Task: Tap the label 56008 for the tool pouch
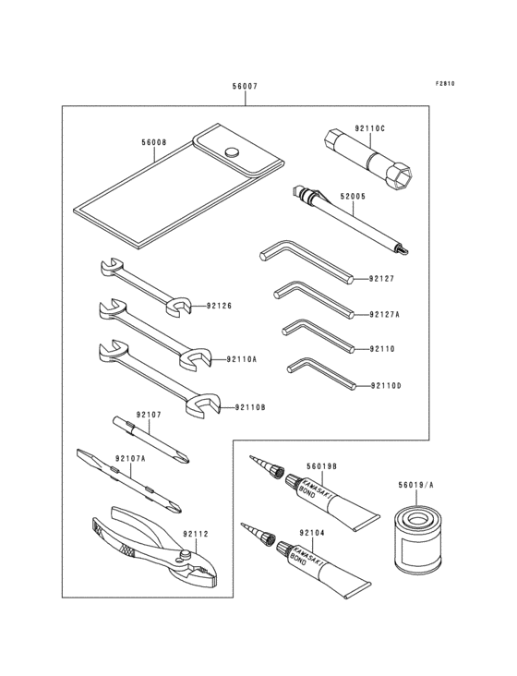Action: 154,143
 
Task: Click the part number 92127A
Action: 385,314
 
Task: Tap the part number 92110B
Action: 249,406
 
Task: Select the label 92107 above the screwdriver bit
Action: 149,414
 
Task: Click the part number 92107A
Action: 131,458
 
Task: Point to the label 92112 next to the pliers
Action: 195,533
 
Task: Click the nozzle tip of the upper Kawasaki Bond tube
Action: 250,457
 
